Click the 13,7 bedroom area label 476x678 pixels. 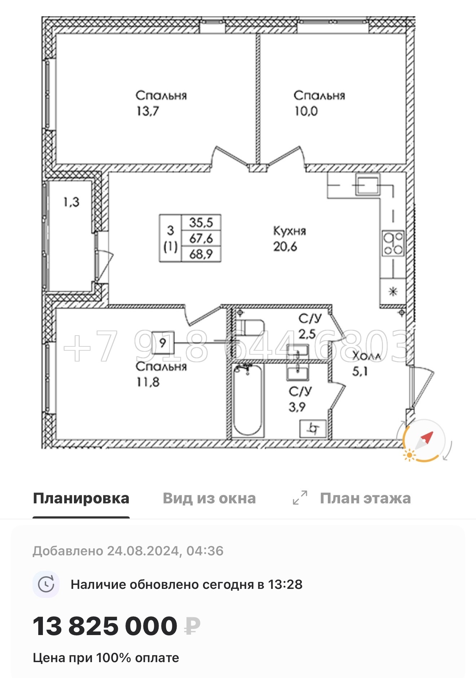pyautogui.click(x=147, y=111)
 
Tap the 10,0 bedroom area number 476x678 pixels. pyautogui.click(x=306, y=111)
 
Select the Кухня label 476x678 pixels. pyautogui.click(x=290, y=231)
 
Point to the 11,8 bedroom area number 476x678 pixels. pyautogui.click(x=148, y=382)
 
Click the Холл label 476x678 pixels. pyautogui.click(x=366, y=356)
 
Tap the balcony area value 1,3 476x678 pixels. pyautogui.click(x=71, y=202)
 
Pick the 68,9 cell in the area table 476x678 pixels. pyautogui.click(x=201, y=254)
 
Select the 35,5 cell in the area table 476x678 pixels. pyautogui.click(x=201, y=223)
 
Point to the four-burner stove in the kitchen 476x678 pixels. pyautogui.click(x=393, y=244)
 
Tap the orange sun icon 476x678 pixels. pyautogui.click(x=409, y=455)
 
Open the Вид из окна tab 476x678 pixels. pyautogui.click(x=209, y=498)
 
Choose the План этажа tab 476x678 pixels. pyautogui.click(x=365, y=498)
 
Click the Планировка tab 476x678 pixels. pyautogui.click(x=81, y=498)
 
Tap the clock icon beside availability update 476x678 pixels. pyautogui.click(x=46, y=584)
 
